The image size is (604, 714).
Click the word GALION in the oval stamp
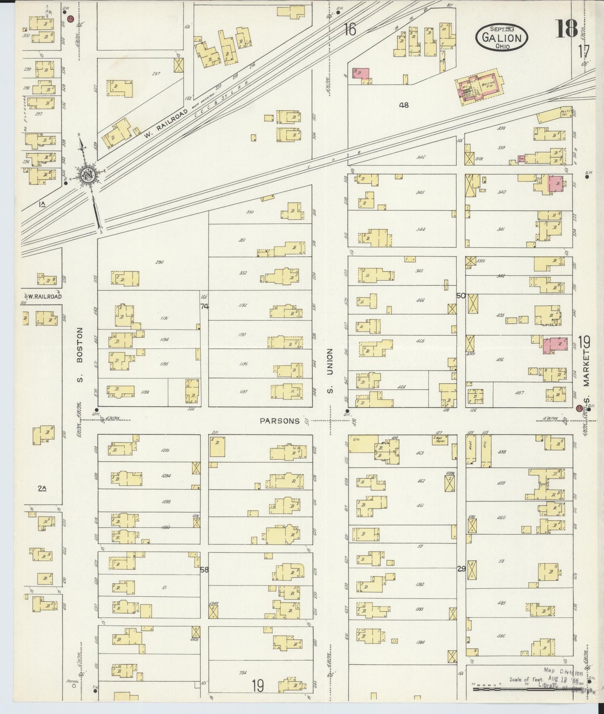502,38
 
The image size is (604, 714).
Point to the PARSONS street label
280,421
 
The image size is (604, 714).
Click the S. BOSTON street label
81,354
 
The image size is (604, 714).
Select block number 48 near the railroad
403,105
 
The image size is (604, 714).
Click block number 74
204,306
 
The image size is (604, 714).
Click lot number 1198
145,392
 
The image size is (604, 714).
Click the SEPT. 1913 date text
502,28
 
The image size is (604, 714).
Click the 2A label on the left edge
42,488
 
